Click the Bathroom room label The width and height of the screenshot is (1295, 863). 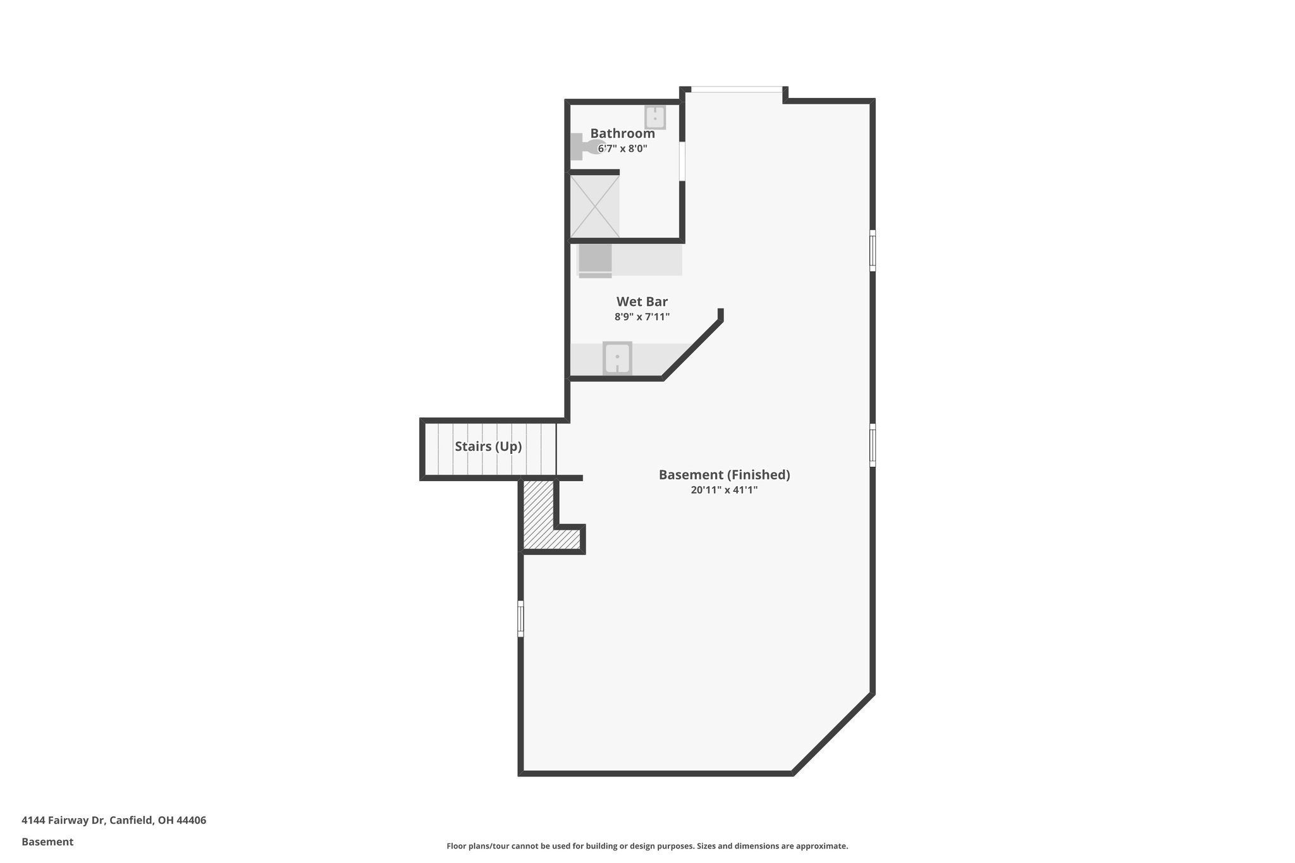tap(622, 133)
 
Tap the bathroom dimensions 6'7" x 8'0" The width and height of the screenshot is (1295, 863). tap(622, 149)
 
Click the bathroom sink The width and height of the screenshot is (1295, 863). tap(654, 118)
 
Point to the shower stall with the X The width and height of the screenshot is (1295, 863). tap(594, 206)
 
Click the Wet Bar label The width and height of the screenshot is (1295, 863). tap(642, 302)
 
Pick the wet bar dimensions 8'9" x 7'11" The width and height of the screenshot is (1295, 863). tap(642, 317)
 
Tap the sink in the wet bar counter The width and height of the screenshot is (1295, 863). tap(617, 358)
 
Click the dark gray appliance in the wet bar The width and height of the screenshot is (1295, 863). tap(595, 260)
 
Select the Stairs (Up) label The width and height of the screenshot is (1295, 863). tap(488, 446)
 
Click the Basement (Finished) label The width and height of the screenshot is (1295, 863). tap(724, 475)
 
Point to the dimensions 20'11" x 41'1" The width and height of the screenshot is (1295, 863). tap(724, 490)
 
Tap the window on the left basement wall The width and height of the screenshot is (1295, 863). tap(520, 618)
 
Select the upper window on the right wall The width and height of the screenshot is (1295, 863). tap(873, 251)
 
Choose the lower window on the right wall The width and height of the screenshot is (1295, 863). tap(873, 445)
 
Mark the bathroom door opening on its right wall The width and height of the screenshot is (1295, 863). tap(682, 161)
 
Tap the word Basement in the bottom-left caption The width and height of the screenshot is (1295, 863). tap(47, 842)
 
